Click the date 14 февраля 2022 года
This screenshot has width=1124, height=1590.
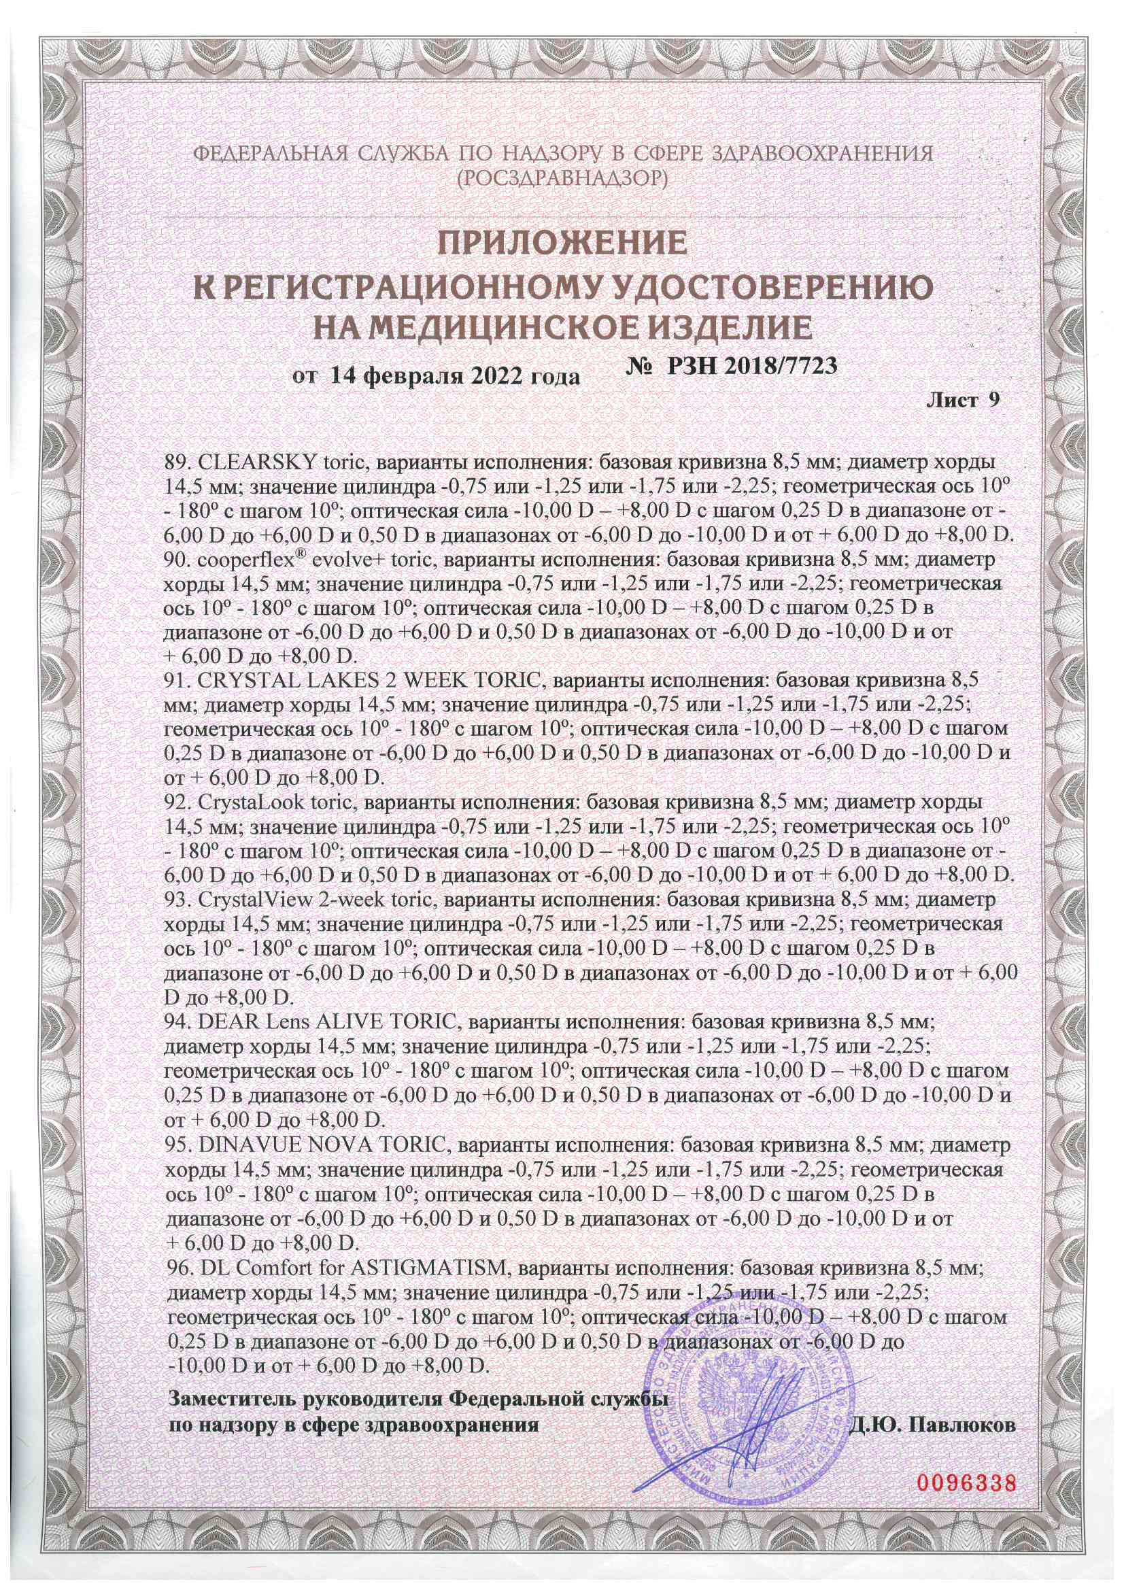pyautogui.click(x=454, y=377)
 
